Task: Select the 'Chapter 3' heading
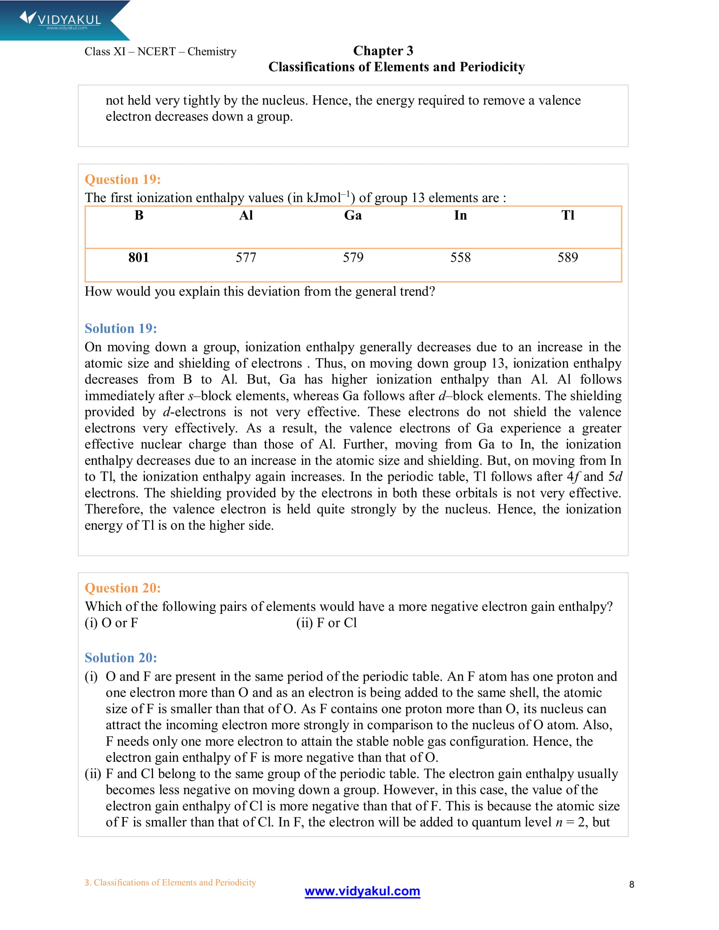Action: click(x=383, y=51)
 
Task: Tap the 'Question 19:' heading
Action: click(x=123, y=179)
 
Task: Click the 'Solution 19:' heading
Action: click(x=121, y=328)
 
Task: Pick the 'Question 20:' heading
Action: click(x=123, y=588)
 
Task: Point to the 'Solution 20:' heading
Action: click(x=121, y=657)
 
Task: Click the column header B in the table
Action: click(x=139, y=216)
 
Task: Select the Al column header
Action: click(x=246, y=216)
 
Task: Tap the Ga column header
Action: click(x=353, y=216)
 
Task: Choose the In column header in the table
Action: click(x=461, y=216)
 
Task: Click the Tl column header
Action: click(x=568, y=216)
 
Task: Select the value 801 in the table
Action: click(x=139, y=257)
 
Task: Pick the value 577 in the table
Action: click(x=246, y=257)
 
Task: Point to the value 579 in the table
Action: click(x=353, y=257)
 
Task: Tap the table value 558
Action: click(x=461, y=257)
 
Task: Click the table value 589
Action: click(x=568, y=257)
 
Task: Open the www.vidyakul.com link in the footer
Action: click(x=362, y=891)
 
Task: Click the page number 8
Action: click(x=632, y=884)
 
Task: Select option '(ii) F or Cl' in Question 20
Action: click(x=327, y=623)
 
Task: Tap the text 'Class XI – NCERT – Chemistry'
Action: click(x=160, y=52)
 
